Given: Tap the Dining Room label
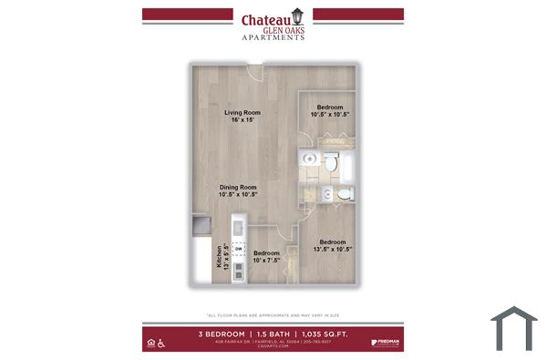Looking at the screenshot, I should pyautogui.click(x=238, y=190).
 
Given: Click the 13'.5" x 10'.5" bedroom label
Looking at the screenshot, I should pyautogui.click(x=331, y=244).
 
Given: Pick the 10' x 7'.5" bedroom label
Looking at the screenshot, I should pyautogui.click(x=266, y=256).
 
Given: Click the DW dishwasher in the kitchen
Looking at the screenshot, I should pyautogui.click(x=239, y=248).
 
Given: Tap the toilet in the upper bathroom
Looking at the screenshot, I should pyautogui.click(x=329, y=163).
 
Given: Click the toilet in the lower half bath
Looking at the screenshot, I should pyautogui.click(x=345, y=194).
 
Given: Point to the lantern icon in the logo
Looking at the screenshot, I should pyautogui.click(x=298, y=17).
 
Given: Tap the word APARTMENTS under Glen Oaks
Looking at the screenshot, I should pyautogui.click(x=273, y=37).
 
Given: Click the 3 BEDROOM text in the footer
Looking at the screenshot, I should pyautogui.click(x=222, y=334).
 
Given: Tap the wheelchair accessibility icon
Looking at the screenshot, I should pyautogui.click(x=161, y=343).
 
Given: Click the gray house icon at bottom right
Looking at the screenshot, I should pyautogui.click(x=513, y=325).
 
